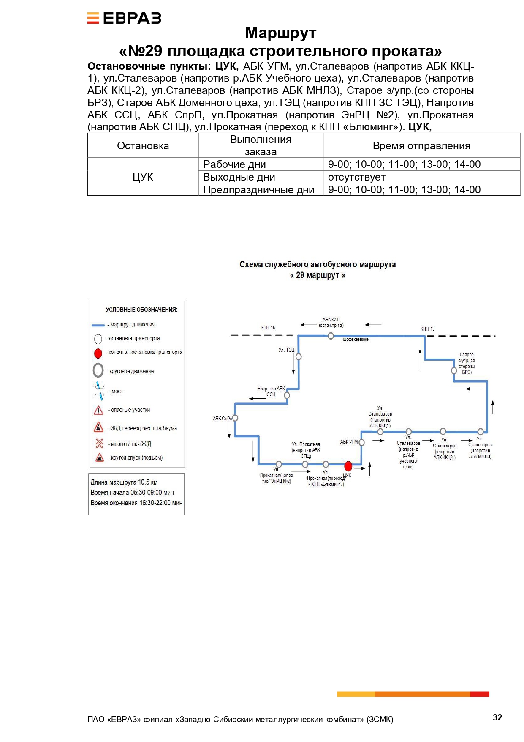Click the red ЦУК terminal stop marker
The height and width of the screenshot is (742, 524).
(348, 466)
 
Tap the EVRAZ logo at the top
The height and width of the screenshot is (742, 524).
(124, 18)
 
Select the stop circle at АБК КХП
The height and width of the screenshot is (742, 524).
(331, 336)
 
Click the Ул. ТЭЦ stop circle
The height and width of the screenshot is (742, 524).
(299, 356)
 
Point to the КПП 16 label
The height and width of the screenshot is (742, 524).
(268, 328)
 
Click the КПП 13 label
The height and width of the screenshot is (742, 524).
(427, 329)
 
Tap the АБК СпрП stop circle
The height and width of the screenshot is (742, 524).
(235, 418)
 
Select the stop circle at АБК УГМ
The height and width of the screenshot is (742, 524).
(361, 442)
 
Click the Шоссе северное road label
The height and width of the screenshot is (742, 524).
(356, 340)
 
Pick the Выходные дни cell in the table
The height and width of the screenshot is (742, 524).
(261, 177)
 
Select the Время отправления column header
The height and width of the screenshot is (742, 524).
(421, 146)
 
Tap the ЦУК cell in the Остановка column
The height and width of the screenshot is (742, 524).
(143, 177)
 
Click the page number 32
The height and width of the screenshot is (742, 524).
(497, 717)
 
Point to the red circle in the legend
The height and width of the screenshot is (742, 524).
(98, 353)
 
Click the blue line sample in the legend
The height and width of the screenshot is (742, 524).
(98, 325)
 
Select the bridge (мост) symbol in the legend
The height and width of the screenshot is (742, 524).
(99, 391)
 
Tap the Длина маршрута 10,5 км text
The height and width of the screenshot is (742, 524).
(124, 482)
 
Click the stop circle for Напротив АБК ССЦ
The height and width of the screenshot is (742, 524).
(287, 395)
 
